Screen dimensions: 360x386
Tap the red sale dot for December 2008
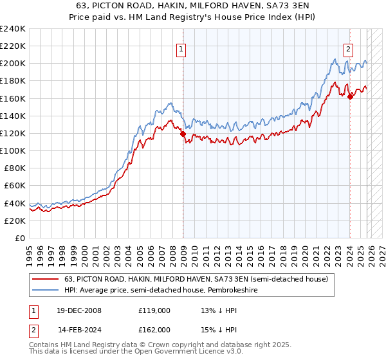click(183, 134)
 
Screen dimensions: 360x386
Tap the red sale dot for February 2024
click(350, 97)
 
